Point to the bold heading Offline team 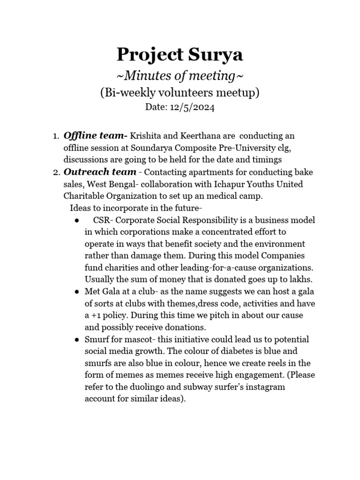95,135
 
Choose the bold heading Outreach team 100,172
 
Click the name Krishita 145,136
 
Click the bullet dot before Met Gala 76,292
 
